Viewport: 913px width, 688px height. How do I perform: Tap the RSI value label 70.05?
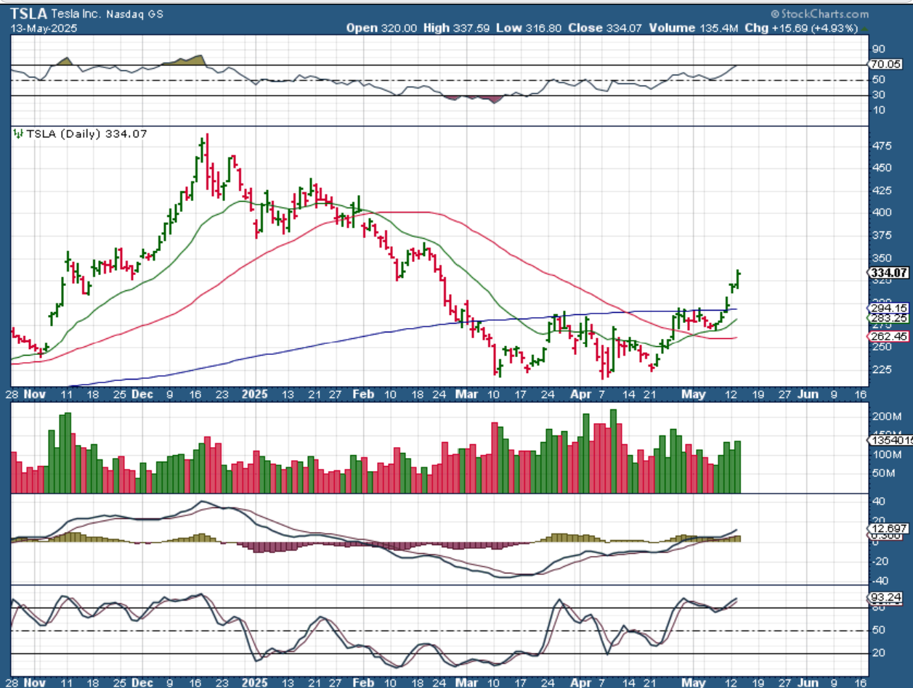pyautogui.click(x=888, y=65)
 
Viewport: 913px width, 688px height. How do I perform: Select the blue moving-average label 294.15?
pyautogui.click(x=888, y=308)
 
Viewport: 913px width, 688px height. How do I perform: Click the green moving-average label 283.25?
pyautogui.click(x=888, y=318)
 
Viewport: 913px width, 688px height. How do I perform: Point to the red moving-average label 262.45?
pyautogui.click(x=888, y=337)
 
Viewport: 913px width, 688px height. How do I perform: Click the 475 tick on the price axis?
pyautogui.click(x=882, y=146)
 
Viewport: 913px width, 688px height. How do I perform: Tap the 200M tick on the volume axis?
pyautogui.click(x=885, y=417)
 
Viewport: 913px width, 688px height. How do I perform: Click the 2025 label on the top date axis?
pyautogui.click(x=255, y=394)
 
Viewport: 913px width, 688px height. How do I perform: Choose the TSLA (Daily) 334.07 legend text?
pyautogui.click(x=86, y=134)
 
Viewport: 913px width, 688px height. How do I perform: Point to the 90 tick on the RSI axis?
pyautogui.click(x=877, y=49)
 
